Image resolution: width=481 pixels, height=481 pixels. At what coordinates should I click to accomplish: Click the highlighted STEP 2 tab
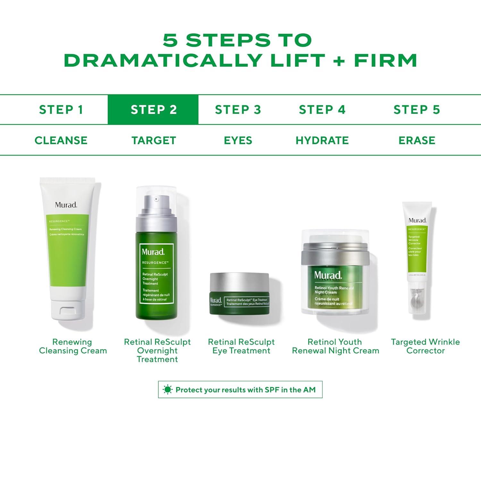(x=153, y=110)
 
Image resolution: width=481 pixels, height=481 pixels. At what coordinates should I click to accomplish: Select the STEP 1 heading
(x=61, y=110)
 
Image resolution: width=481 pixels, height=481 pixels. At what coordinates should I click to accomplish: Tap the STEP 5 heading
(x=417, y=110)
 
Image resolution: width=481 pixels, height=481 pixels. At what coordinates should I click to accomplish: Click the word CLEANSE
(x=61, y=140)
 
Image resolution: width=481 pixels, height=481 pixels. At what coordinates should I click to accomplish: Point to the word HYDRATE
(x=322, y=140)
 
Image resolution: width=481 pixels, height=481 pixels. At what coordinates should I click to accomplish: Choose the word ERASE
(x=417, y=140)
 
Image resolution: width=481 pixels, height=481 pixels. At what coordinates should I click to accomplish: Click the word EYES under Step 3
(x=238, y=140)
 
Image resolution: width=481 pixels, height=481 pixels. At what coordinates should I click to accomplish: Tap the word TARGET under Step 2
(x=154, y=140)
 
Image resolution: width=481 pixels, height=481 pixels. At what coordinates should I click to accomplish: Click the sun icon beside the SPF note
(x=167, y=390)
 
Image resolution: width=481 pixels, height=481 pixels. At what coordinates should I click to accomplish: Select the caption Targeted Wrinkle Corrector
(x=425, y=346)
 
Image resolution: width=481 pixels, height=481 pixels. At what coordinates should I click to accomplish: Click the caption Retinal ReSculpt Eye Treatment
(x=241, y=346)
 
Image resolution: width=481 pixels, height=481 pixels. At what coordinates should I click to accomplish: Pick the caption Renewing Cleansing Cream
(x=73, y=346)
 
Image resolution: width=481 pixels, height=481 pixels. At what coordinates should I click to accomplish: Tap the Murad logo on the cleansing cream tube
(x=66, y=205)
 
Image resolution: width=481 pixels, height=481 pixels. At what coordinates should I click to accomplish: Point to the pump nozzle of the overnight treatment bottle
(x=156, y=199)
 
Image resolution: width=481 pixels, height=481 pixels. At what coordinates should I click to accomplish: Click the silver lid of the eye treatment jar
(x=239, y=282)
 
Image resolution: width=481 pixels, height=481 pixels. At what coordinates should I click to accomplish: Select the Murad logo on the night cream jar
(x=328, y=275)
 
